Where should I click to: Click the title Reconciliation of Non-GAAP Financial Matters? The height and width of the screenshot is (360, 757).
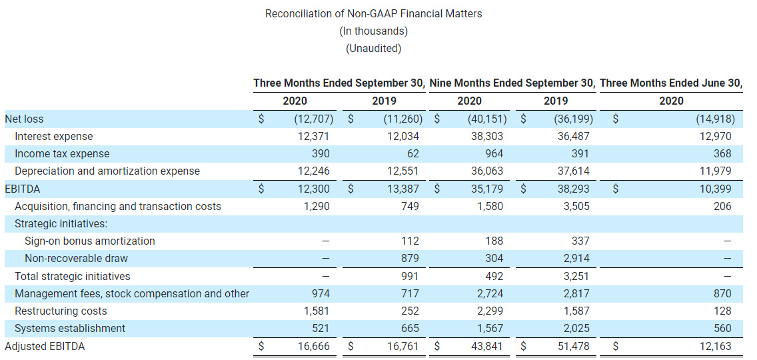pos(373,13)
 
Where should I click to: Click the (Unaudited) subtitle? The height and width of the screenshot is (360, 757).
pos(373,48)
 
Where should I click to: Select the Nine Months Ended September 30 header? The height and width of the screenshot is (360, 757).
pos(512,83)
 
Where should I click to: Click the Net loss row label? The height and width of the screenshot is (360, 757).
pos(24,119)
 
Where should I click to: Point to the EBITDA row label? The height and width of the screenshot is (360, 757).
pos(22,189)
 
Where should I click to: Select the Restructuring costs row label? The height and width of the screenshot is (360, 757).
pos(61,311)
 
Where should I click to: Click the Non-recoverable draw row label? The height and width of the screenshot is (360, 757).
pos(76,258)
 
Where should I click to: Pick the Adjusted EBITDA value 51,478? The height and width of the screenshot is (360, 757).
pos(572,346)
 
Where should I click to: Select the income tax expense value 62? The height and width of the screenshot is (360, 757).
pos(410,153)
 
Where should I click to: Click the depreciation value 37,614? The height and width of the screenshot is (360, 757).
pos(572,171)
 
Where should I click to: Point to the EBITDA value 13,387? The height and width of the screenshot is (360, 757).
pos(402,189)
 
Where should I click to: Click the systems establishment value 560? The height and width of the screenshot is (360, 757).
pos(722,328)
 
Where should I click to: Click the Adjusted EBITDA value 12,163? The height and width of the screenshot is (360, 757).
pos(715,346)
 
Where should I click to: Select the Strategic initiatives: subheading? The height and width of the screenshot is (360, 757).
pos(61,223)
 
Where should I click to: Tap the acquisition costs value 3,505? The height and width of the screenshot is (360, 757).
pos(575,206)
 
